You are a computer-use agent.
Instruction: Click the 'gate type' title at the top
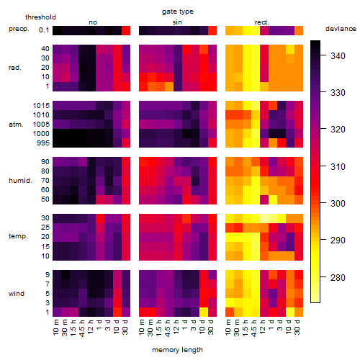178,12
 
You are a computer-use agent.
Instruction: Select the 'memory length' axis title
177,350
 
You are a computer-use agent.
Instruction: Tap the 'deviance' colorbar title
341,29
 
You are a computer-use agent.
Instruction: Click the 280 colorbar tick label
338,278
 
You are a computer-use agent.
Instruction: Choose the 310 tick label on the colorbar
338,167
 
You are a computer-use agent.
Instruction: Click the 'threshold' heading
40,17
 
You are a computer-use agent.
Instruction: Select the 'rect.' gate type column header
261,22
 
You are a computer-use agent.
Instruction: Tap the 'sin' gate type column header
177,22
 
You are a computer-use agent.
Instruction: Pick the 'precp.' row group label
19,29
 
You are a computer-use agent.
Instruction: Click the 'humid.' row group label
20,181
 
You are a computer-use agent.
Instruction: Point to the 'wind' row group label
17,294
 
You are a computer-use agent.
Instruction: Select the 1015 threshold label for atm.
41,106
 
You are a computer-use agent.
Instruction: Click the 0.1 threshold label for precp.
44,30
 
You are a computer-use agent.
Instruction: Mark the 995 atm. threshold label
43,143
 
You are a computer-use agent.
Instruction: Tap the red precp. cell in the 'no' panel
126,30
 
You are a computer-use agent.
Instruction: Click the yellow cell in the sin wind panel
204,312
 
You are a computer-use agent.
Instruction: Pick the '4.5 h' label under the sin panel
168,328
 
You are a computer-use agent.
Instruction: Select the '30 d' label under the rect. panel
297,327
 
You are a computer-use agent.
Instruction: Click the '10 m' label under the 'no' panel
55,328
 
